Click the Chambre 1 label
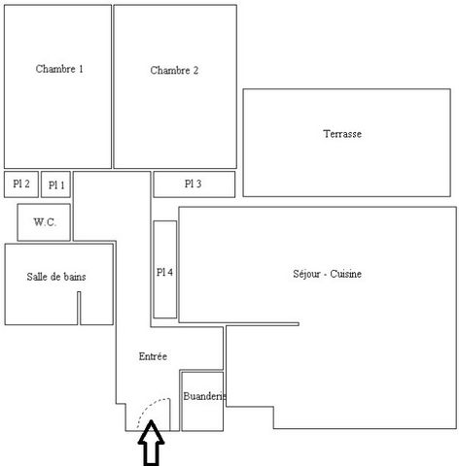pyautogui.click(x=59, y=69)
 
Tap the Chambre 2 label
pyautogui.click(x=174, y=70)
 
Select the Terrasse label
pyautogui.click(x=342, y=134)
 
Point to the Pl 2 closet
pyautogui.click(x=21, y=184)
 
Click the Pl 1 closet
pyautogui.click(x=55, y=184)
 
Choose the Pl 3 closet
pyautogui.click(x=194, y=184)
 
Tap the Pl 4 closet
pyautogui.click(x=165, y=270)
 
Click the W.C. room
pyautogui.click(x=44, y=222)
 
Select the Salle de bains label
pyautogui.click(x=56, y=277)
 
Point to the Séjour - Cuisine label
pyautogui.click(x=327, y=274)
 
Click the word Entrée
pyautogui.click(x=153, y=356)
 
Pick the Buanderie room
pyautogui.click(x=202, y=401)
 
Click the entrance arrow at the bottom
pyautogui.click(x=151, y=443)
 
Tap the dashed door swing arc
pyautogui.click(x=150, y=407)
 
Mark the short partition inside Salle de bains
pyautogui.click(x=79, y=308)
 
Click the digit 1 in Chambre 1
pyautogui.click(x=81, y=69)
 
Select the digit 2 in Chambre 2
pyautogui.click(x=195, y=70)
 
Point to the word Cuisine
pyautogui.click(x=346, y=274)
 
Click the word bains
pyautogui.click(x=75, y=277)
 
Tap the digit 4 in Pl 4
pyautogui.click(x=170, y=272)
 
